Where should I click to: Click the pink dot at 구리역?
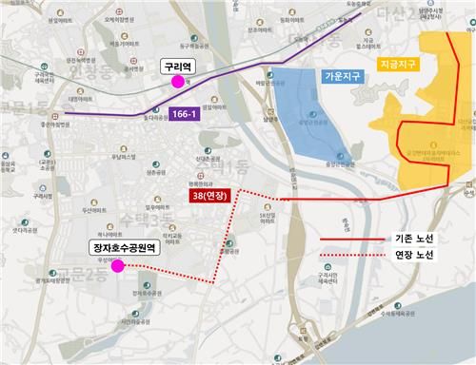(x=177, y=82)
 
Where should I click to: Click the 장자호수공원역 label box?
(x=124, y=249)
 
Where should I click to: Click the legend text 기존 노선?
(x=412, y=240)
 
